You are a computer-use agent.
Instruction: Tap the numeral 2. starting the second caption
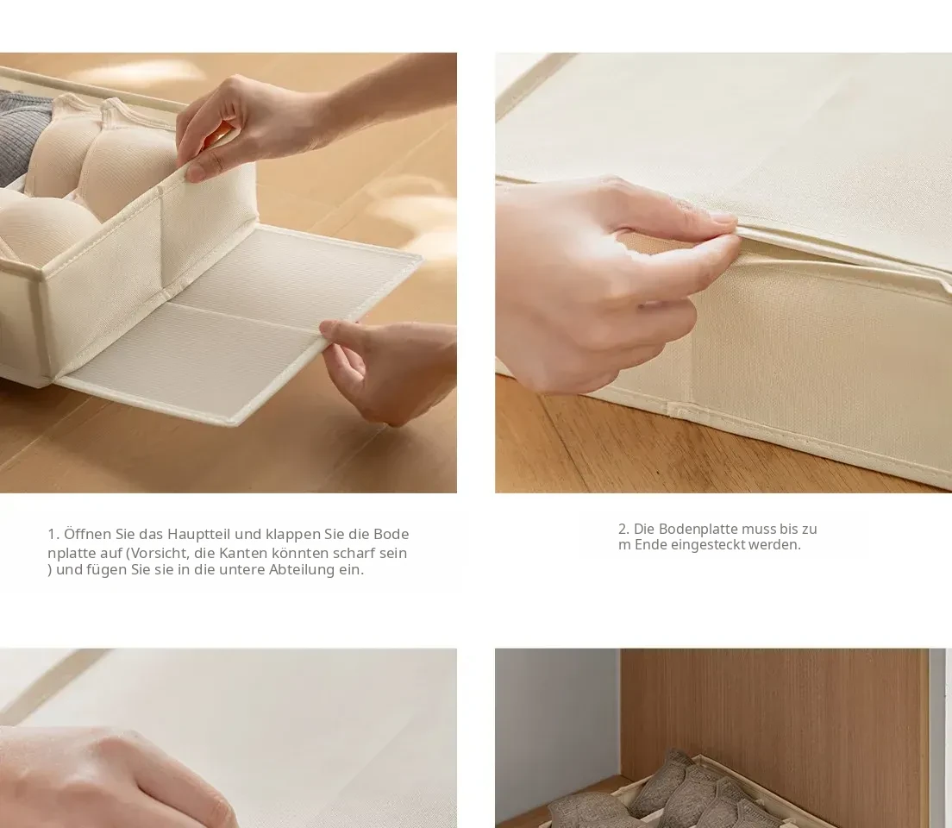click(x=623, y=529)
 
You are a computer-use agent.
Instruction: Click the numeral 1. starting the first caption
click(x=53, y=534)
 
